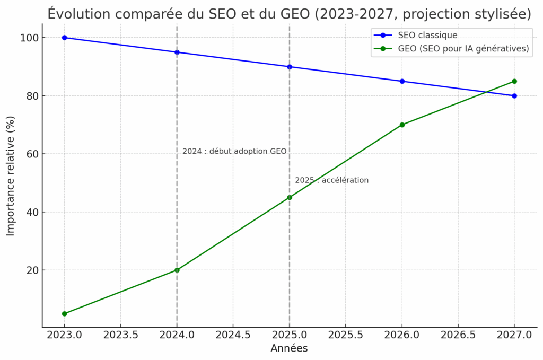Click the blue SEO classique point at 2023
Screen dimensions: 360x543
65,38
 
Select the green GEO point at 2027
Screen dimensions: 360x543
514,81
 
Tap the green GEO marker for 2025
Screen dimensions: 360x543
290,197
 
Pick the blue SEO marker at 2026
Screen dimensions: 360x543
402,81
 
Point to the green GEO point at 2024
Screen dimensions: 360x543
177,270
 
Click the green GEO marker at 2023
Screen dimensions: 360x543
65,313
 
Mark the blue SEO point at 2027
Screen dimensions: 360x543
514,96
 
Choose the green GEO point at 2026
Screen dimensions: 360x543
402,125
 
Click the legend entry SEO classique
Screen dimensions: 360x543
427,35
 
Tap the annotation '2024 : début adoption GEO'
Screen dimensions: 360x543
234,151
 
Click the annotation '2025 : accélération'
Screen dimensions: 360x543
331,180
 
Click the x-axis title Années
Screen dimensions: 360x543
289,349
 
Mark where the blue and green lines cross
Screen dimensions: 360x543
486,92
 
